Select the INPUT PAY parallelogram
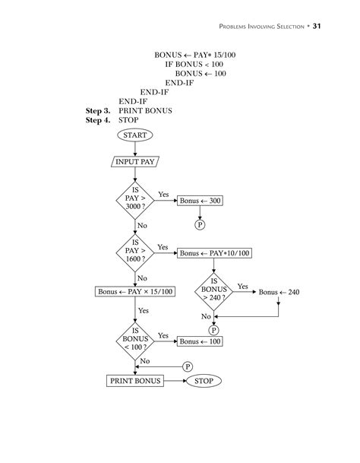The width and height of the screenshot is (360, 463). click(135, 162)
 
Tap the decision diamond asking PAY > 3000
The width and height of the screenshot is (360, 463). click(135, 201)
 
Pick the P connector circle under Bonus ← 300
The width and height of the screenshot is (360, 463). click(201, 225)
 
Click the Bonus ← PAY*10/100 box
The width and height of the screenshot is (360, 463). click(214, 253)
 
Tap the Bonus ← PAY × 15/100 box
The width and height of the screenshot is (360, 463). click(135, 291)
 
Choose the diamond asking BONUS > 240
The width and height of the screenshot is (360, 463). click(214, 291)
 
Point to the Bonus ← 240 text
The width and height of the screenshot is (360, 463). click(279, 291)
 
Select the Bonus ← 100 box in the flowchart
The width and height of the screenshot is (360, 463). click(201, 341)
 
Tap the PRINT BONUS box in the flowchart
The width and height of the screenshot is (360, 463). click(135, 380)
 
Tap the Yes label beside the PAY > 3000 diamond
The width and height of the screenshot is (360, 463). click(163, 195)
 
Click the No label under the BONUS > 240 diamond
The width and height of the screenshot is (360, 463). click(205, 316)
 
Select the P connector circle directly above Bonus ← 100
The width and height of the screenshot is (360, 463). click(214, 330)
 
